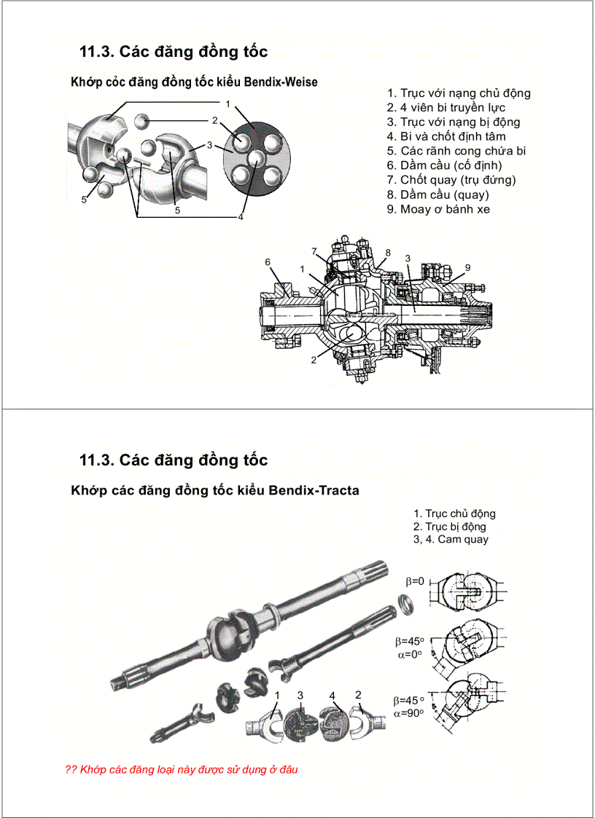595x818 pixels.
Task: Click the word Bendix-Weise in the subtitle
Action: click(281, 82)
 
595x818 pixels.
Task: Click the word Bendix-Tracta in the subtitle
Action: click(314, 490)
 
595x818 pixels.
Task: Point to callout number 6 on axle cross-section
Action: click(268, 261)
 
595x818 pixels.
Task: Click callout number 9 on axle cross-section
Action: click(467, 267)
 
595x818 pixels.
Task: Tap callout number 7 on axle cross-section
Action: click(314, 251)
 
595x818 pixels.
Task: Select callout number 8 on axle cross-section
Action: click(388, 253)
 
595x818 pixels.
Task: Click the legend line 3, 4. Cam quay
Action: click(451, 539)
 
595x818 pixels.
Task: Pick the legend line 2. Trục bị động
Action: click(449, 526)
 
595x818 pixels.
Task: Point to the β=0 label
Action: click(414, 581)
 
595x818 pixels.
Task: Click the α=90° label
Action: click(409, 713)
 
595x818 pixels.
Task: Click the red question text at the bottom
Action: click(182, 769)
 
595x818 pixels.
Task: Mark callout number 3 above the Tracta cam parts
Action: click(300, 695)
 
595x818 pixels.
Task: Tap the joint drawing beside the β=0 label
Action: click(467, 591)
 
